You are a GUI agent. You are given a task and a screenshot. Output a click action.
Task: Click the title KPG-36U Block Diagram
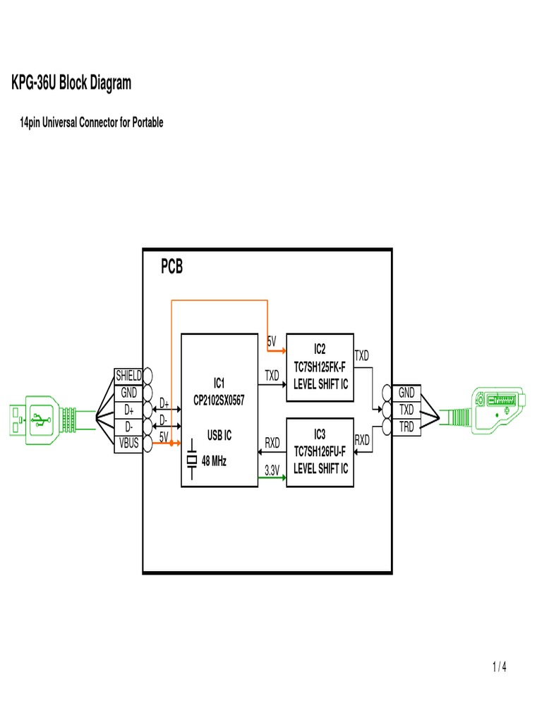click(71, 84)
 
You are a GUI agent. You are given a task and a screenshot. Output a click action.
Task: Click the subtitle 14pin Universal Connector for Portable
click(90, 123)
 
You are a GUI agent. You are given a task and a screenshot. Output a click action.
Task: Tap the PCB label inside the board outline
click(171, 268)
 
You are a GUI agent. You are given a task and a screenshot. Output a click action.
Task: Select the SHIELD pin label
click(129, 375)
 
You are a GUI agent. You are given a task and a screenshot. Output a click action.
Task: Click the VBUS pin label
click(129, 443)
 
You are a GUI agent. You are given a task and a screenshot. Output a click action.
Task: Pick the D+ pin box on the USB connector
click(129, 409)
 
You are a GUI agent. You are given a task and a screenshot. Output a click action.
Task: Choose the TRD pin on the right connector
click(407, 426)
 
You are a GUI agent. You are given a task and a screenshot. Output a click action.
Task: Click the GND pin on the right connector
click(407, 392)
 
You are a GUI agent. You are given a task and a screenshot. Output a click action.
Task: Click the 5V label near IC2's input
click(272, 341)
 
